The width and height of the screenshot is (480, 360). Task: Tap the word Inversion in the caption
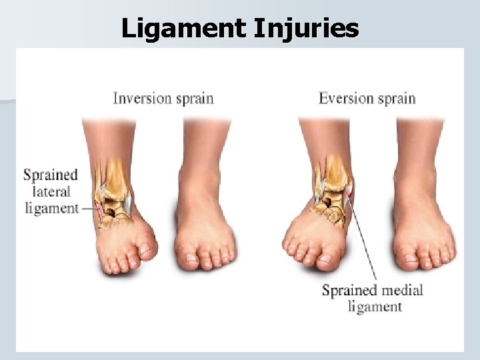tap(142, 99)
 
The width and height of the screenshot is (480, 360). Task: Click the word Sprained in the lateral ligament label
tap(51, 175)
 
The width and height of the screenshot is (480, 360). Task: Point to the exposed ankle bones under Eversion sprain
tap(332, 190)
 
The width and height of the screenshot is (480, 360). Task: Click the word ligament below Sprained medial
tap(375, 307)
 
